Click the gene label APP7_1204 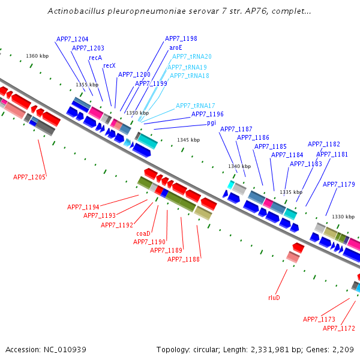coord(72,39)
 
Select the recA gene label coord(95,58)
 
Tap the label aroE coord(176,47)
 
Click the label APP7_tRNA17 coord(195,106)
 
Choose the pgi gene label coord(211,122)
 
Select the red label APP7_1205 coord(29,177)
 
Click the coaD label coord(143,233)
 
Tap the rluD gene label coord(274,297)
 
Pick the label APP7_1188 coord(183,259)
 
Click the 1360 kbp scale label coord(37,56)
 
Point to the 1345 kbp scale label coord(188,140)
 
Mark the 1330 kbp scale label coord(343,217)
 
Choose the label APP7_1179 coord(339,184)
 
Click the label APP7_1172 coord(339,328)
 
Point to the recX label coord(109,65)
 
